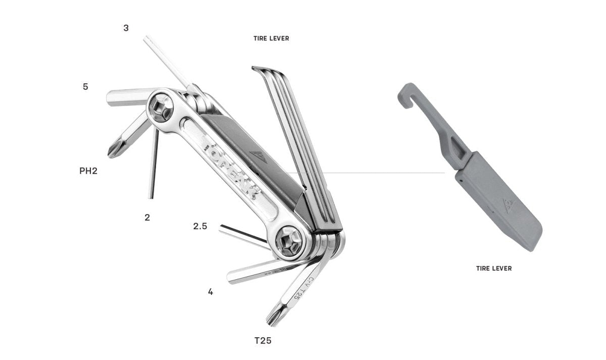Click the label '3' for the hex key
126,28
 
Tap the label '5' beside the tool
85,87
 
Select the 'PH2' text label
88,171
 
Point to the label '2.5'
200,226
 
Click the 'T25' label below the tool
263,341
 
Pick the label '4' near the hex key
211,292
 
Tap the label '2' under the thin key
147,218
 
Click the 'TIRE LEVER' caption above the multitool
271,39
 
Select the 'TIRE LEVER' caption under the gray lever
494,269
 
